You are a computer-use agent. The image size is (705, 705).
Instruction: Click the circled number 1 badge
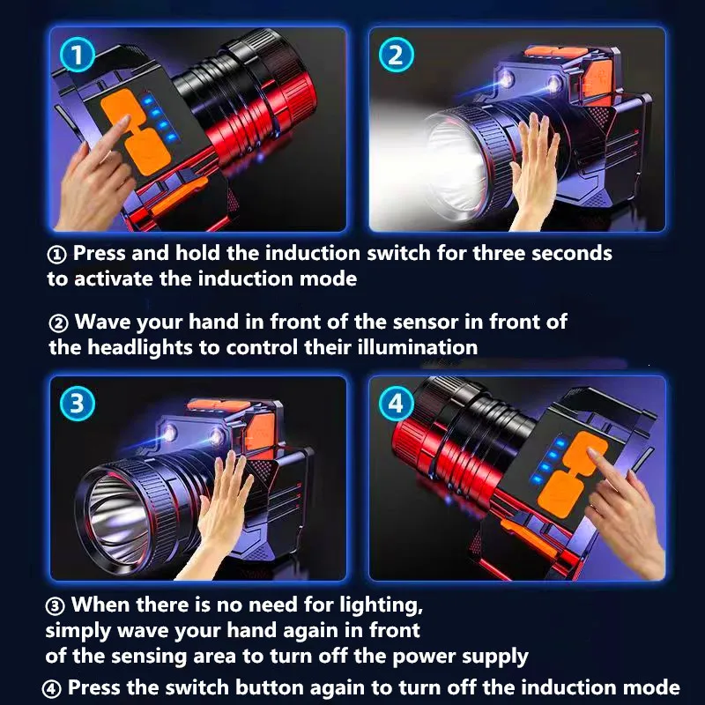point(78,55)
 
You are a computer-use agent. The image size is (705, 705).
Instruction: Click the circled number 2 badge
point(396,55)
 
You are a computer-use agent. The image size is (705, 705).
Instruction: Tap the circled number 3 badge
point(78,403)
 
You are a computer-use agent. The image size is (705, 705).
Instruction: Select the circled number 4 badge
point(396,403)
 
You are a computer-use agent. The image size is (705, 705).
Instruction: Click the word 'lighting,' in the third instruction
point(382,605)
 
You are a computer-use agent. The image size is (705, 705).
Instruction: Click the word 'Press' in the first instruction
point(100,253)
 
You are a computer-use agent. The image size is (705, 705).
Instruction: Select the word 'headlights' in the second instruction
point(140,348)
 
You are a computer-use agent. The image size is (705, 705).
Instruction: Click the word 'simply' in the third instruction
point(78,631)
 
